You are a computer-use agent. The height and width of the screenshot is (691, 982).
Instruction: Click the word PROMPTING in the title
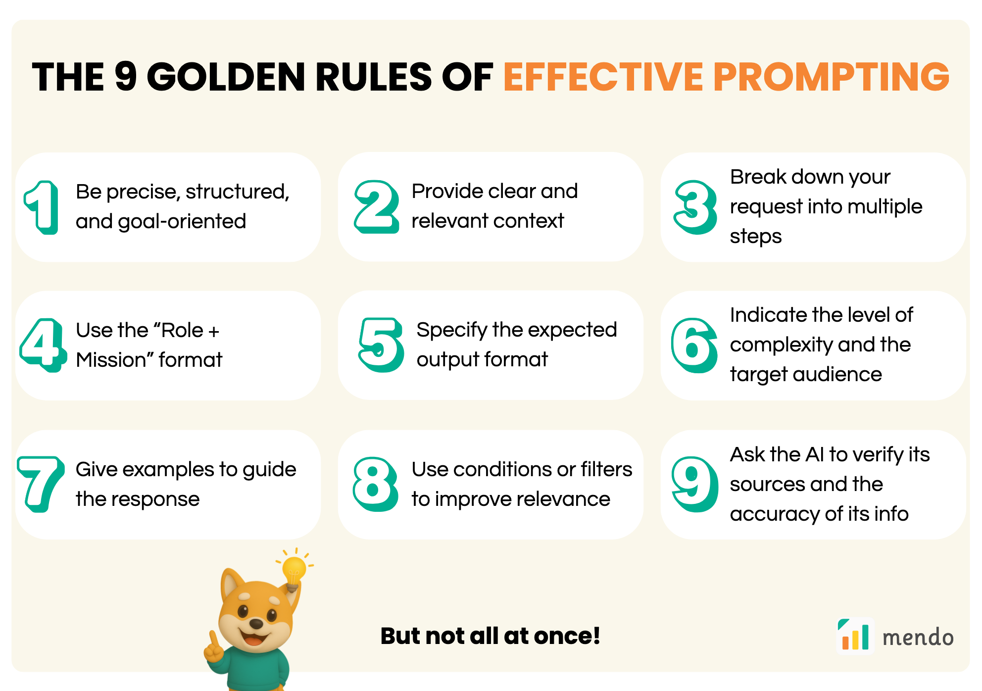[x=832, y=77]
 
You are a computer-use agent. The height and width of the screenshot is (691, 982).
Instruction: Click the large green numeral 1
[x=42, y=207]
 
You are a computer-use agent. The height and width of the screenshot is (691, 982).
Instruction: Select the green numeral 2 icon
[x=377, y=207]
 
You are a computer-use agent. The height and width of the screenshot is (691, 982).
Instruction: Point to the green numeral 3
[x=695, y=207]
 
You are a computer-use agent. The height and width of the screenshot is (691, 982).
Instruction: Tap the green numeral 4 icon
[x=43, y=345]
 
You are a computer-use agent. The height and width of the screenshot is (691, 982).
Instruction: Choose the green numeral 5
[x=381, y=345]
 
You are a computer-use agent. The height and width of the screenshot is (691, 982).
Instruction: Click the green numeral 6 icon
[x=694, y=345]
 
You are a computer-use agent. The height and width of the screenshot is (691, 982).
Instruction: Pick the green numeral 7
[x=41, y=484]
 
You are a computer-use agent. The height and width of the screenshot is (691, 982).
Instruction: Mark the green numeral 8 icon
[x=376, y=484]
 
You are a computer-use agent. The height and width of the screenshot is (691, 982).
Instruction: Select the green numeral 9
[x=694, y=484]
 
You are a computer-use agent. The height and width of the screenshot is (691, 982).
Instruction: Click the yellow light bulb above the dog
[x=295, y=572]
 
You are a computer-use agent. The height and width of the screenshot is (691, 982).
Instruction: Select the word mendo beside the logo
[x=918, y=637]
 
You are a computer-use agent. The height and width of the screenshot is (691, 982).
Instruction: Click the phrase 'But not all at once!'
[x=491, y=636]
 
